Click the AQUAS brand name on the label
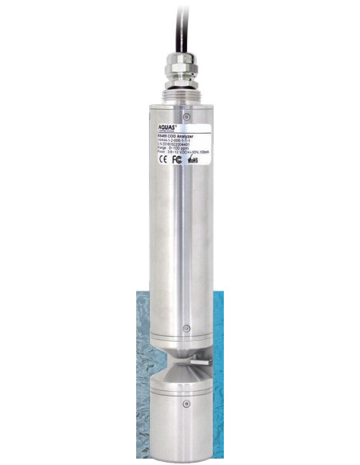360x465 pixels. click(162, 126)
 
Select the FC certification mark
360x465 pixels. click(176, 158)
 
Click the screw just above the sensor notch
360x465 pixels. click(185, 329)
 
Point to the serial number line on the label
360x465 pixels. click(170, 143)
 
